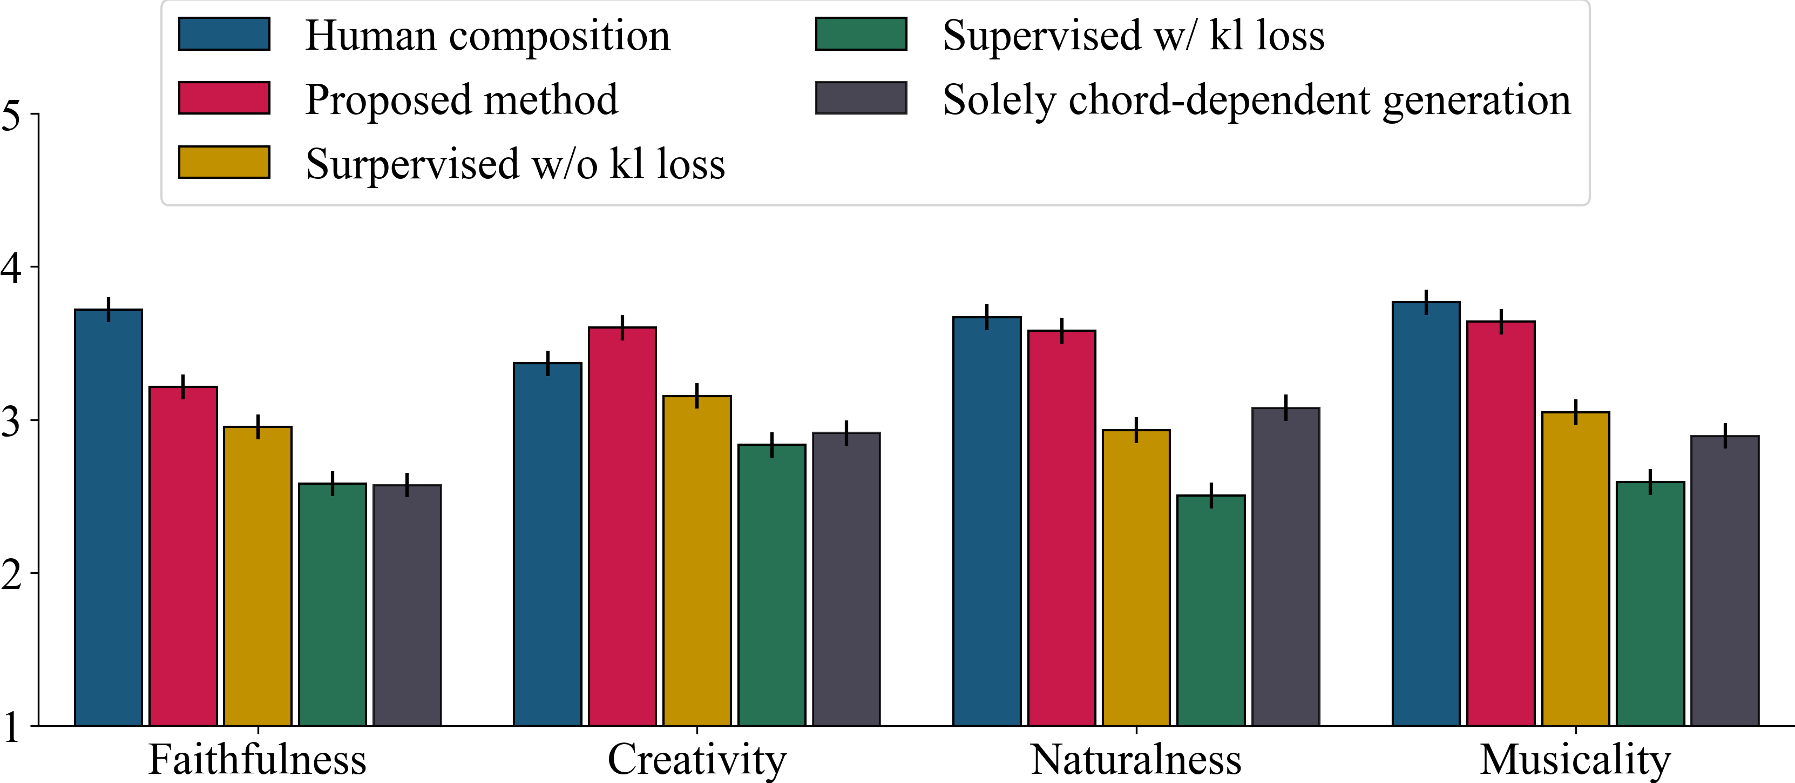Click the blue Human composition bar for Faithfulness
coord(108,517)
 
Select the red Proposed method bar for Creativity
coord(622,526)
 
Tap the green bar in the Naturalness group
coord(1211,611)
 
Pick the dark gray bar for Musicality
coord(1725,581)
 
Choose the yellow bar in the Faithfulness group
coord(258,576)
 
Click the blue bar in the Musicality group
coord(1426,514)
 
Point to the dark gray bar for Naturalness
coord(1285,567)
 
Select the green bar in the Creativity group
coord(772,585)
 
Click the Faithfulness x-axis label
coord(258,759)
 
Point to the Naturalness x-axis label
coord(1136,759)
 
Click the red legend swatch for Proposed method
coord(225,98)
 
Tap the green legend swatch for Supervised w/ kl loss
coord(861,34)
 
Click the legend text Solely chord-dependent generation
coord(1257,101)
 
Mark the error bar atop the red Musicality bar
coord(1501,322)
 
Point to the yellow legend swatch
coord(225,162)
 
